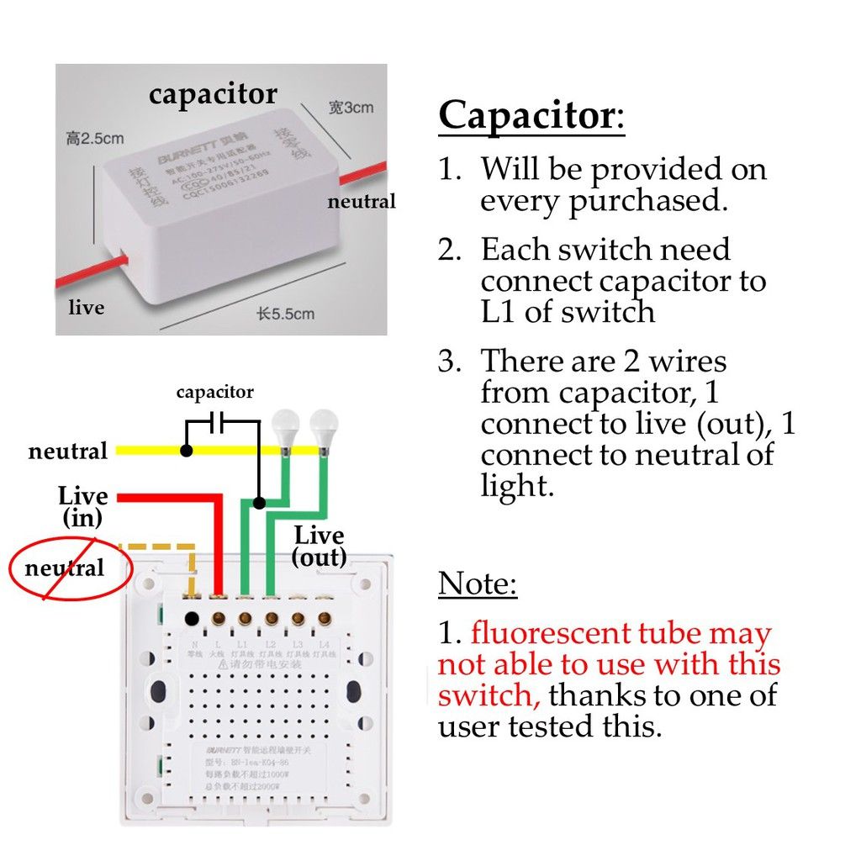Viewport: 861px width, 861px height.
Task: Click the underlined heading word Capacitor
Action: click(x=527, y=114)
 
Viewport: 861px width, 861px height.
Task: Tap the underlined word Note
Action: click(x=478, y=583)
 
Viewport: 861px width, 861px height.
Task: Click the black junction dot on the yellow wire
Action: click(x=187, y=451)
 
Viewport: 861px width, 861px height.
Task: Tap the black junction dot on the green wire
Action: click(x=259, y=503)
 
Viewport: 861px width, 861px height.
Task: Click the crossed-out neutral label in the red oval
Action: click(x=65, y=568)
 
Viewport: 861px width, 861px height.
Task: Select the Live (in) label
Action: click(x=82, y=506)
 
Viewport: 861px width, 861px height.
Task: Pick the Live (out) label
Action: click(x=319, y=546)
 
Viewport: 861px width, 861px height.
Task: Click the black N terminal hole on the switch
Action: click(x=192, y=620)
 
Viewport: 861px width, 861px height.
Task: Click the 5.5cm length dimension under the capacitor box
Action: click(x=285, y=314)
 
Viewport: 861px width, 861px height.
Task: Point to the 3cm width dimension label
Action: click(x=351, y=108)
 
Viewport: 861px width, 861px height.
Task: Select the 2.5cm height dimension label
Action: click(x=94, y=139)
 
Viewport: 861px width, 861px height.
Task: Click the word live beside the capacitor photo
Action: click(x=86, y=308)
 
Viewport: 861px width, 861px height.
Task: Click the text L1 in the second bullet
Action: click(x=501, y=312)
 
